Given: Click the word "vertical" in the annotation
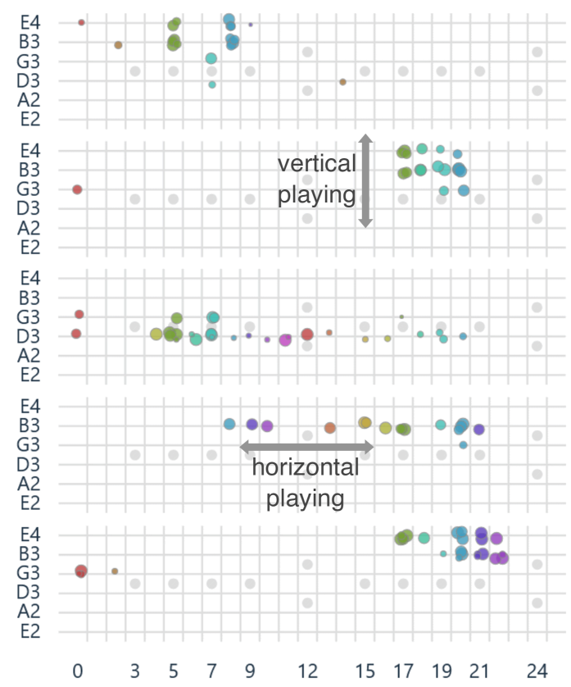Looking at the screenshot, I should tap(317, 163).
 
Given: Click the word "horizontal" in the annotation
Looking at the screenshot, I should tap(305, 468).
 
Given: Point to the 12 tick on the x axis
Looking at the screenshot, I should tap(307, 670).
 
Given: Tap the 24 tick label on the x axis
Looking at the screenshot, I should tap(537, 670).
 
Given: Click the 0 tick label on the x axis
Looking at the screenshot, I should tap(78, 670).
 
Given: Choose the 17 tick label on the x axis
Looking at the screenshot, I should tap(403, 670).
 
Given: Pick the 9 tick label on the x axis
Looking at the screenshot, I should tap(250, 670).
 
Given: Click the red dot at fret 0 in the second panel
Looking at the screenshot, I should tap(77, 189).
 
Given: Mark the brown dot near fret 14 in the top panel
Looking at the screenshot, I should tap(342, 82).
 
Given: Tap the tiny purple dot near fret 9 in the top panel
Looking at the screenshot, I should tap(251, 25).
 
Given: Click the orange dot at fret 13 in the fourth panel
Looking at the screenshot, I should tap(329, 428).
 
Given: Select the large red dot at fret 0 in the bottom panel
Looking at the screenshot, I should tap(81, 571).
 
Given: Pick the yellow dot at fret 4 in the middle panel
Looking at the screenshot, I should tap(156, 334).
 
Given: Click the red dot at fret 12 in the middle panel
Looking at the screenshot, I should tap(307, 334).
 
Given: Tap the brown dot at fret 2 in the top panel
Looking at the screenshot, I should tap(118, 45).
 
